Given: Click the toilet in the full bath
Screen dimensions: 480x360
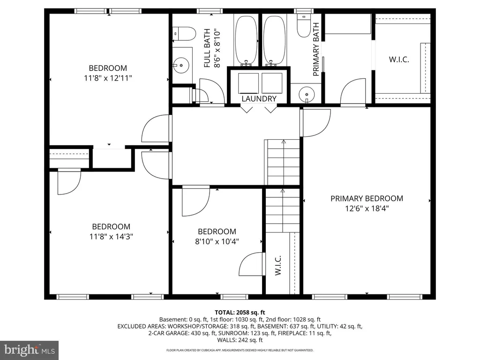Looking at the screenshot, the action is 184,34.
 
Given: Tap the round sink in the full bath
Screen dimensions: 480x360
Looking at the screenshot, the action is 181,65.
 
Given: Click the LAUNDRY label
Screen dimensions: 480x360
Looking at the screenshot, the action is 259,98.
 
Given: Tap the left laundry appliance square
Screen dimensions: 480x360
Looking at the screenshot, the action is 248,83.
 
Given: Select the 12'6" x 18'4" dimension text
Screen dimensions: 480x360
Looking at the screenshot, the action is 367,209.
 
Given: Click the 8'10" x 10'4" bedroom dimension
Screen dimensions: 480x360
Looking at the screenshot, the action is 217,241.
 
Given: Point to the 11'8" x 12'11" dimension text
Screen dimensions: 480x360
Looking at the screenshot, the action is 108,78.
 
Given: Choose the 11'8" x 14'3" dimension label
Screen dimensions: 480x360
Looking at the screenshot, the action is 111,237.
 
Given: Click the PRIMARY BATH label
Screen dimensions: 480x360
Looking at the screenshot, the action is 316,49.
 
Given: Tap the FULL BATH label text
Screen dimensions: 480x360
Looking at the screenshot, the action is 207,48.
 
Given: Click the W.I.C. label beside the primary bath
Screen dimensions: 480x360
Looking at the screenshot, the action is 399,60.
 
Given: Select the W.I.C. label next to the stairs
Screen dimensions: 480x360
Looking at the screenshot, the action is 278,265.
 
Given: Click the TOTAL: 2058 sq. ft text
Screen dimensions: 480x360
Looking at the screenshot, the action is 240,313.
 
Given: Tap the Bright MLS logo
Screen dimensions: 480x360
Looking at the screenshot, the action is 30,350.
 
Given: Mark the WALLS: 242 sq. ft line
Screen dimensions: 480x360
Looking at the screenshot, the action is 240,340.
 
